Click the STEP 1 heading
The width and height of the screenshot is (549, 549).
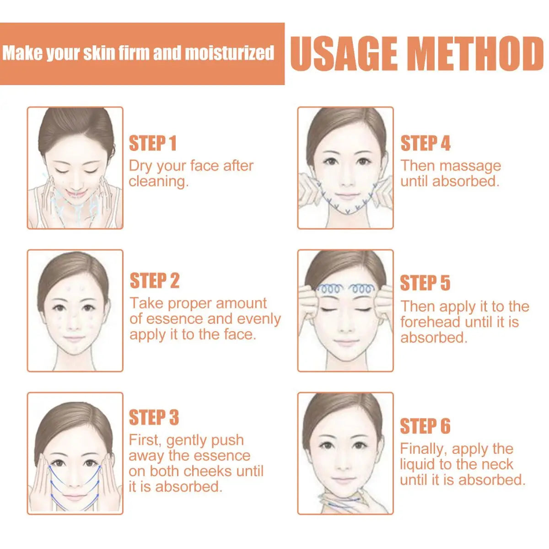[x=153, y=143]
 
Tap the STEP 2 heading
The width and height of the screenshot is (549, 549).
[x=155, y=280]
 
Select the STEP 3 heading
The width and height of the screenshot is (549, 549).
[x=154, y=417]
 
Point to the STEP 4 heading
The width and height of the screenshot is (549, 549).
[x=425, y=143]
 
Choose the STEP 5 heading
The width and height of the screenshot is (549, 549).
[x=425, y=283]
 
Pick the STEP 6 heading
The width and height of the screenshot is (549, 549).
[x=425, y=426]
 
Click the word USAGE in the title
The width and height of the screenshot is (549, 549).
[x=344, y=54]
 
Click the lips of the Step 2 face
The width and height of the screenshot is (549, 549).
[x=74, y=339]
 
